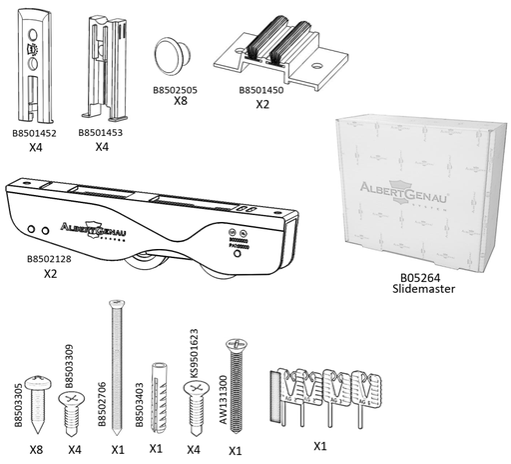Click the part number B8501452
point(34,130)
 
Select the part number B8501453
point(101,130)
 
